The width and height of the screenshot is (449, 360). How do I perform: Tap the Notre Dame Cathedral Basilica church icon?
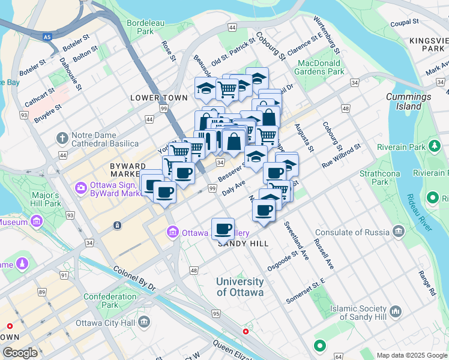pyautogui.click(x=62, y=139)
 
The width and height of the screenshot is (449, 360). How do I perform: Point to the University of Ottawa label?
pyautogui.click(x=240, y=287)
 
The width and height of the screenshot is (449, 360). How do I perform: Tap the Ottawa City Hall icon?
pyautogui.click(x=144, y=322)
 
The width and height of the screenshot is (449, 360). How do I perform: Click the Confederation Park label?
pyautogui.click(x=110, y=301)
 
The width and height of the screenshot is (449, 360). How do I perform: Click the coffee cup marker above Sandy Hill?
pyautogui.click(x=223, y=228)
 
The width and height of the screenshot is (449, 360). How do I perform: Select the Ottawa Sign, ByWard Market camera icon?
pyautogui.click(x=80, y=188)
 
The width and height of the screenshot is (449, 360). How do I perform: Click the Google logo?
pyautogui.click(x=20, y=353)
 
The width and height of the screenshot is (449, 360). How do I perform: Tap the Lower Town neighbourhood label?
pyautogui.click(x=155, y=97)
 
